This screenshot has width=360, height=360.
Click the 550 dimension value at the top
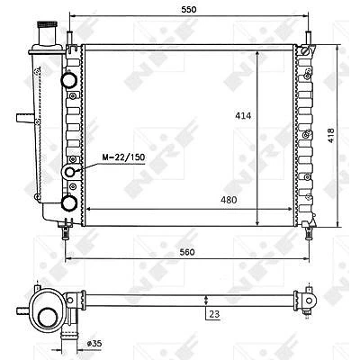click(189, 9)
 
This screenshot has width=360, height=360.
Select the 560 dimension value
click(187, 252)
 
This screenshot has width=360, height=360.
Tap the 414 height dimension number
click(243, 115)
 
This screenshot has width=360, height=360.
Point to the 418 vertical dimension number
click(330, 136)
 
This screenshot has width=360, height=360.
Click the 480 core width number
click(229, 200)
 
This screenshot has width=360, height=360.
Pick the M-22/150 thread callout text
click(123, 157)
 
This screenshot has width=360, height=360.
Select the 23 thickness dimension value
click(214, 314)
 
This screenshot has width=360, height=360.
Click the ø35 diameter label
click(94, 343)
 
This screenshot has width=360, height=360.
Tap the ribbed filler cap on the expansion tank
click(47, 24)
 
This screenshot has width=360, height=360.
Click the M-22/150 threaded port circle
click(70, 172)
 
